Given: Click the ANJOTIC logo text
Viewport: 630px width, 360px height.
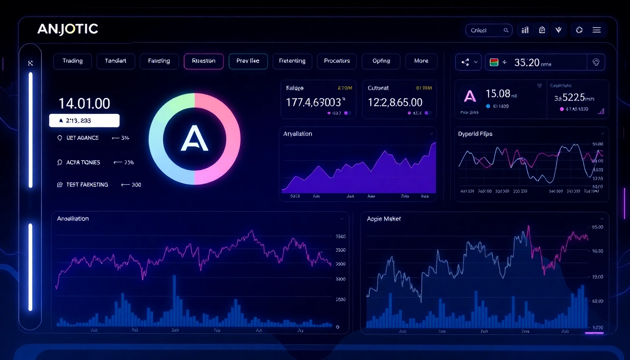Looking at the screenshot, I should point(67,29).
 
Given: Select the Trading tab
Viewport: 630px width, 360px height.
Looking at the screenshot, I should point(72,61).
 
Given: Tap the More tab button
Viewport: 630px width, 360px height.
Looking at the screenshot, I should point(421,61).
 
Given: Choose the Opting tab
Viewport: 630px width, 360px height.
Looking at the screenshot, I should point(381,61).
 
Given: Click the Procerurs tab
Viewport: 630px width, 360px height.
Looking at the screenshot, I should point(337,61).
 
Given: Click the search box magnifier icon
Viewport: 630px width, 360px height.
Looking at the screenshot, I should point(506,30).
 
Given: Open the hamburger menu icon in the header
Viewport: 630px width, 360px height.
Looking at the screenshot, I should point(596,30).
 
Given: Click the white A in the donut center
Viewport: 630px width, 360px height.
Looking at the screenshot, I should point(194,139).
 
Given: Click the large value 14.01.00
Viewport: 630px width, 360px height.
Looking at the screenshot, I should point(84,103).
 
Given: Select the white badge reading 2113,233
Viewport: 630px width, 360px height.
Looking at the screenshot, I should point(84,120).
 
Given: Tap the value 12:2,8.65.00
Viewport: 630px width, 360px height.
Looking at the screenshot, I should point(395,102).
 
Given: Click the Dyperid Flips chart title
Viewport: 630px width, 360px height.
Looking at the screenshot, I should point(475,134).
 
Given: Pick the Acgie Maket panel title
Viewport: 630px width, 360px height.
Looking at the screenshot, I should point(384,219).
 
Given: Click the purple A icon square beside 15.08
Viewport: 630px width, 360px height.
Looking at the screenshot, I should point(469,97).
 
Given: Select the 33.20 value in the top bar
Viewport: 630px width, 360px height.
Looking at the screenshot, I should point(526,62).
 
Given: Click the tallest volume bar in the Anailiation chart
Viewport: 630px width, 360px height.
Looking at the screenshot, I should point(174,300).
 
